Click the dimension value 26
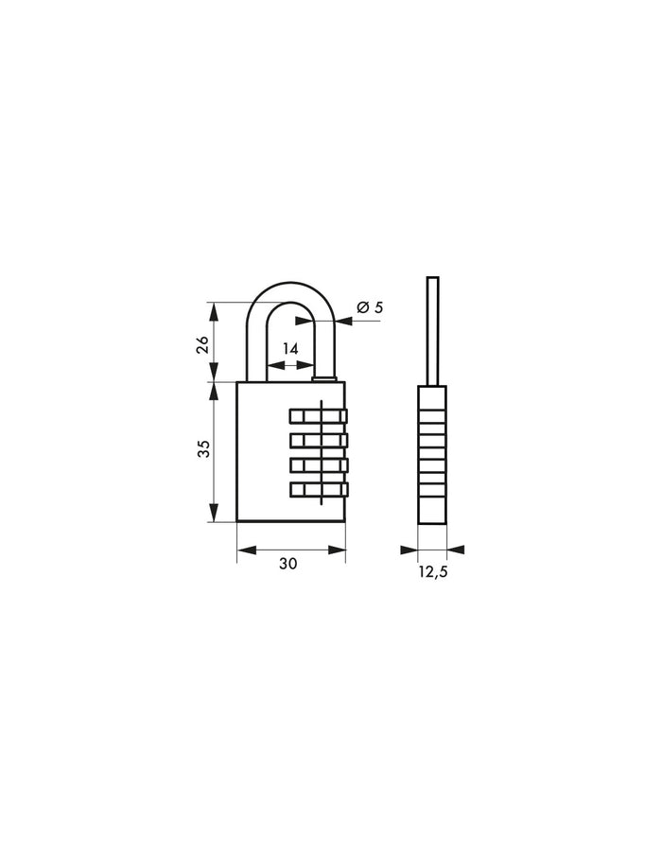(x=202, y=343)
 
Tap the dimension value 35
(x=202, y=451)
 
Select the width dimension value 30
(x=288, y=563)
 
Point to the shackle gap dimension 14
(x=290, y=349)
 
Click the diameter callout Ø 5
(x=370, y=306)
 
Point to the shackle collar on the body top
(x=324, y=380)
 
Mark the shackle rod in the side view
(x=433, y=331)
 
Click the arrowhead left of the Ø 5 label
(x=341, y=322)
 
